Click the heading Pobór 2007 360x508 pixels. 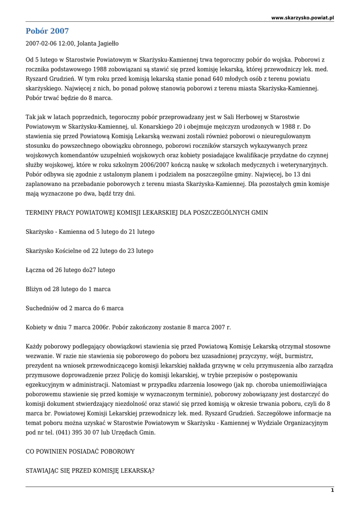47,31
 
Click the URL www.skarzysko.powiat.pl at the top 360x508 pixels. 302,17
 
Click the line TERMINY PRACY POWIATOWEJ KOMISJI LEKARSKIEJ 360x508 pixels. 146,212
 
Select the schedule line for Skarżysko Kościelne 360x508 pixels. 89,251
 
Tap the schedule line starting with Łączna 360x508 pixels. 70,270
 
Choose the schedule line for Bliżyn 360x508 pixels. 68,289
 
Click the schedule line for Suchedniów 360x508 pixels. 74,308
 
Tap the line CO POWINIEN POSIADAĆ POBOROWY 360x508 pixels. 80,451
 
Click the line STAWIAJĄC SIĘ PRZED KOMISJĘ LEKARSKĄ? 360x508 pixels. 90,470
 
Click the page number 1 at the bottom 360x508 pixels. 332,490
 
